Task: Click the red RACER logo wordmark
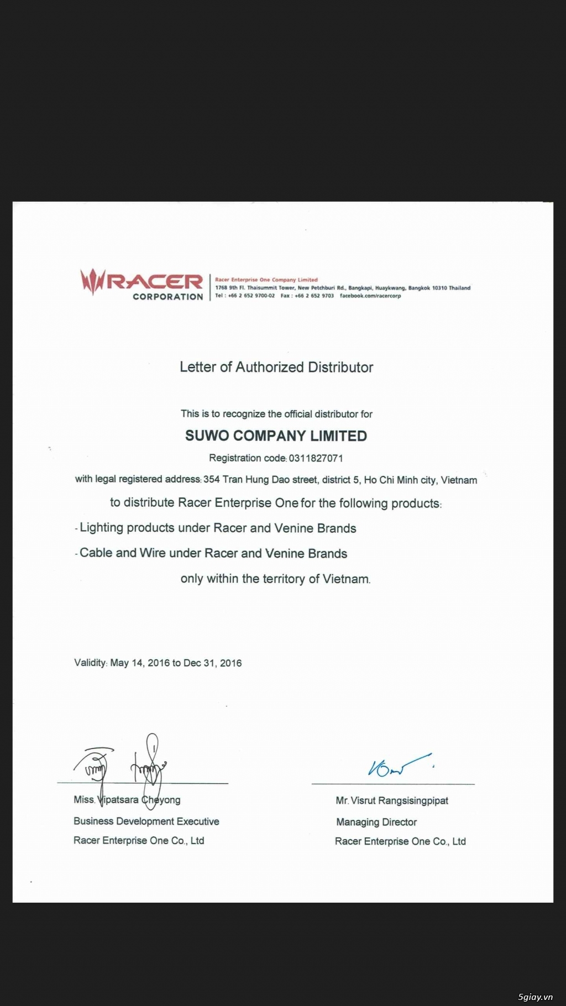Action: [x=155, y=282]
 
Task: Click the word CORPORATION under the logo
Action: [x=168, y=297]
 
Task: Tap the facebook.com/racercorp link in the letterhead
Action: [x=370, y=296]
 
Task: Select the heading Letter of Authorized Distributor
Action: [x=276, y=367]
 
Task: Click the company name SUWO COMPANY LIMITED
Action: [x=276, y=436]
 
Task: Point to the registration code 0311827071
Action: [x=316, y=458]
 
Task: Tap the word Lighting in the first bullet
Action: [x=101, y=528]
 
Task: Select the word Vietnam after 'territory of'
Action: [x=346, y=579]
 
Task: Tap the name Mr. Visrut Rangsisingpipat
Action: [x=392, y=801]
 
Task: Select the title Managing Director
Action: [x=376, y=822]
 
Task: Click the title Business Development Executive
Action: [x=146, y=822]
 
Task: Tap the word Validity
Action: [x=90, y=663]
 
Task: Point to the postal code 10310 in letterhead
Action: [x=439, y=288]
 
